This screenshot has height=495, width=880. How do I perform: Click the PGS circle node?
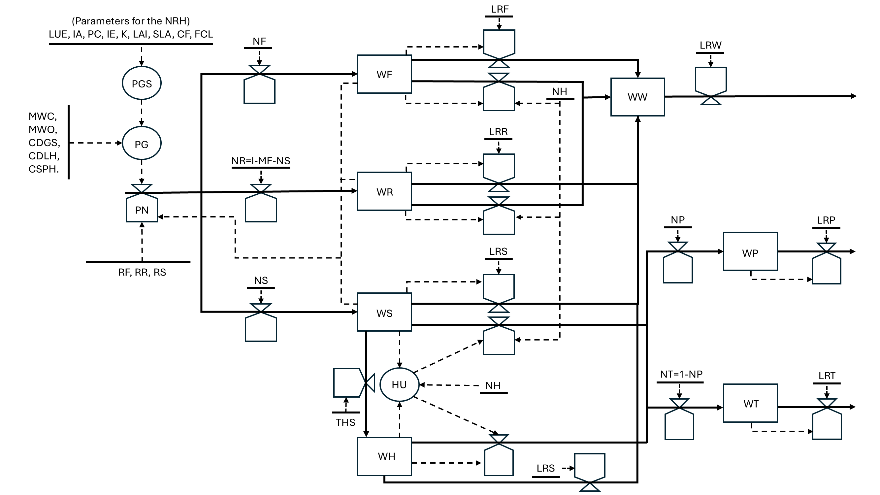[x=142, y=83]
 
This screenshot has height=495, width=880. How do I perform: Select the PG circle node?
[x=142, y=144]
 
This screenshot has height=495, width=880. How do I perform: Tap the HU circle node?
[x=399, y=385]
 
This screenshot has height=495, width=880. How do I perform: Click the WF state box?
[x=384, y=74]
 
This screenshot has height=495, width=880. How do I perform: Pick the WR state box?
[x=384, y=192]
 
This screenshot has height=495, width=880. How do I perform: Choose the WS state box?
[x=384, y=313]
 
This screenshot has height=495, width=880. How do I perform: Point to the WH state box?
[x=384, y=456]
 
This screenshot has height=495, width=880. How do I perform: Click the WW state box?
[x=637, y=97]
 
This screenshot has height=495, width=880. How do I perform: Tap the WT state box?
[x=750, y=404]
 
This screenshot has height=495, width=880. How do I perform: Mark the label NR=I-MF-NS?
[x=261, y=161]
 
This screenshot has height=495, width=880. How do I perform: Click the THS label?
[x=345, y=423]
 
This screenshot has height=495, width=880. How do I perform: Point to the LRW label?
[x=710, y=45]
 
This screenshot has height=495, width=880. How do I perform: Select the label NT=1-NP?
[x=681, y=374]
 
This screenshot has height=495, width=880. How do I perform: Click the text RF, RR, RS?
[x=142, y=272]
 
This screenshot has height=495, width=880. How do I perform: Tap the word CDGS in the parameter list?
[x=44, y=143]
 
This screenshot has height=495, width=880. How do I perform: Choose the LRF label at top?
[x=500, y=9]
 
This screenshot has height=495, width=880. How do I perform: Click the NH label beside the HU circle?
[x=493, y=385]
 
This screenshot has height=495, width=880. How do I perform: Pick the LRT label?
[x=827, y=376]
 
